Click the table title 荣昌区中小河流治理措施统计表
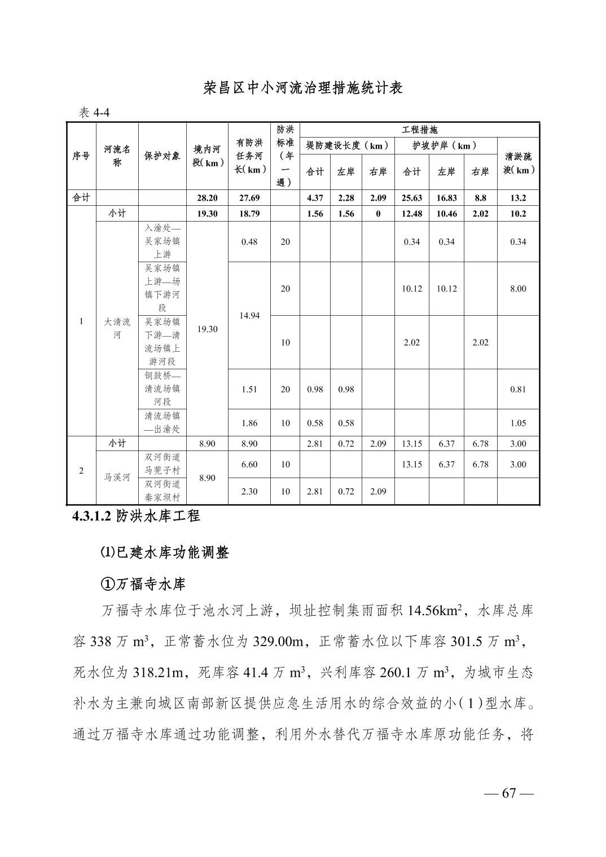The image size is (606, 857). [x=303, y=89]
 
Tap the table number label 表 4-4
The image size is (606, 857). [x=94, y=113]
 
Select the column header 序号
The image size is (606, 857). [x=81, y=156]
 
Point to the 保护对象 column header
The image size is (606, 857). [x=162, y=156]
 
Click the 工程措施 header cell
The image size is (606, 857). [x=419, y=130]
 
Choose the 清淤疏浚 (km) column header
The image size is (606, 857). [x=517, y=163]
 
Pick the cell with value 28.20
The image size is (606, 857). [x=207, y=198]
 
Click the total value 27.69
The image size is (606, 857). [x=249, y=198]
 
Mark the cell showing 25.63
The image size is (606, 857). [x=411, y=198]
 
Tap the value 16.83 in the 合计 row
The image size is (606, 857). [x=446, y=198]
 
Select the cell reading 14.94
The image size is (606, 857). [x=249, y=315]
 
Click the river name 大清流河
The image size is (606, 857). [x=117, y=328]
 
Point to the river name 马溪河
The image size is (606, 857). [x=117, y=478]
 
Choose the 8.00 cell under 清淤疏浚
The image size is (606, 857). [x=517, y=289]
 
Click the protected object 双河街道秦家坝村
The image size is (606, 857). [x=162, y=491]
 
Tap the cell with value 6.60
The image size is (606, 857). [x=249, y=464]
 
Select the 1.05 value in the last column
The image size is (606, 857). [x=517, y=423]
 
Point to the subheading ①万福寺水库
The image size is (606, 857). [x=143, y=584]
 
